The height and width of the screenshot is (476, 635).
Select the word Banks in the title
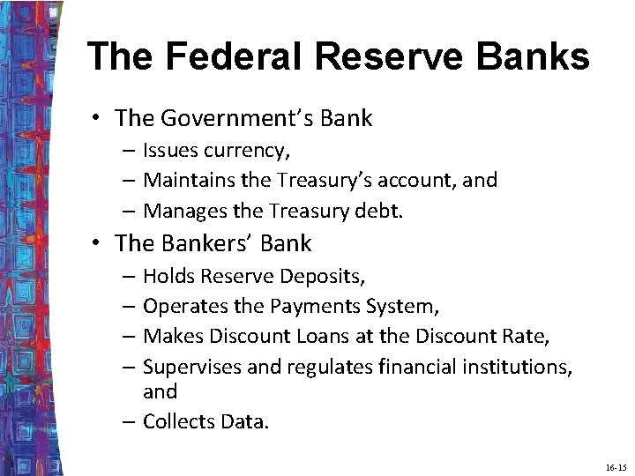tap(535, 57)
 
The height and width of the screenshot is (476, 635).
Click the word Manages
tap(183, 211)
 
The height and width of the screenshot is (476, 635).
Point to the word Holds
tap(168, 276)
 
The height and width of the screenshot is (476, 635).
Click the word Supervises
tap(193, 366)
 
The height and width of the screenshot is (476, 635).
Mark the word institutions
tap(519, 366)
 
